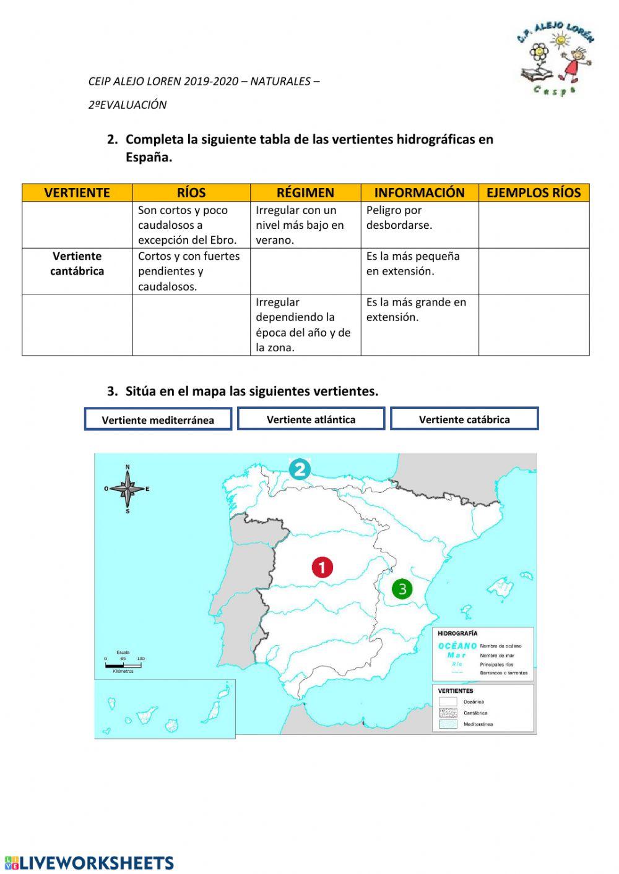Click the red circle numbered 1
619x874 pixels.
[322, 567]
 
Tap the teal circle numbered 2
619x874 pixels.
[300, 469]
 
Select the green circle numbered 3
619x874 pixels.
[402, 588]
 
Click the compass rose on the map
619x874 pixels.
[128, 489]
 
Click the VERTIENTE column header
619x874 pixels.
[77, 192]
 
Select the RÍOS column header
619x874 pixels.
[191, 192]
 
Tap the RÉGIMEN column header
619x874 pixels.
[305, 192]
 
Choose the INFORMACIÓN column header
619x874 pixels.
[419, 192]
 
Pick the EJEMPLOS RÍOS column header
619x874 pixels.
[534, 192]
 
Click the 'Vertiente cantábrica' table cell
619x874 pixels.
[77, 264]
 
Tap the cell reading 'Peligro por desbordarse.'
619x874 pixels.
[419, 218]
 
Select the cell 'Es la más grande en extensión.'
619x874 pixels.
[419, 310]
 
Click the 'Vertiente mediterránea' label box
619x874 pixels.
[158, 419]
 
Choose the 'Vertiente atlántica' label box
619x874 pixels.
[311, 419]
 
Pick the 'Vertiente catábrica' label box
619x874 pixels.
[464, 419]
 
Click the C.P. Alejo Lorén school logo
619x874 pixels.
[555, 58]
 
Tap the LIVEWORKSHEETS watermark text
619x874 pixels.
[90, 863]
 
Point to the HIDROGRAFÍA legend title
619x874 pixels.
[457, 633]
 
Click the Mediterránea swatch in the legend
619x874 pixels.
[448, 724]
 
